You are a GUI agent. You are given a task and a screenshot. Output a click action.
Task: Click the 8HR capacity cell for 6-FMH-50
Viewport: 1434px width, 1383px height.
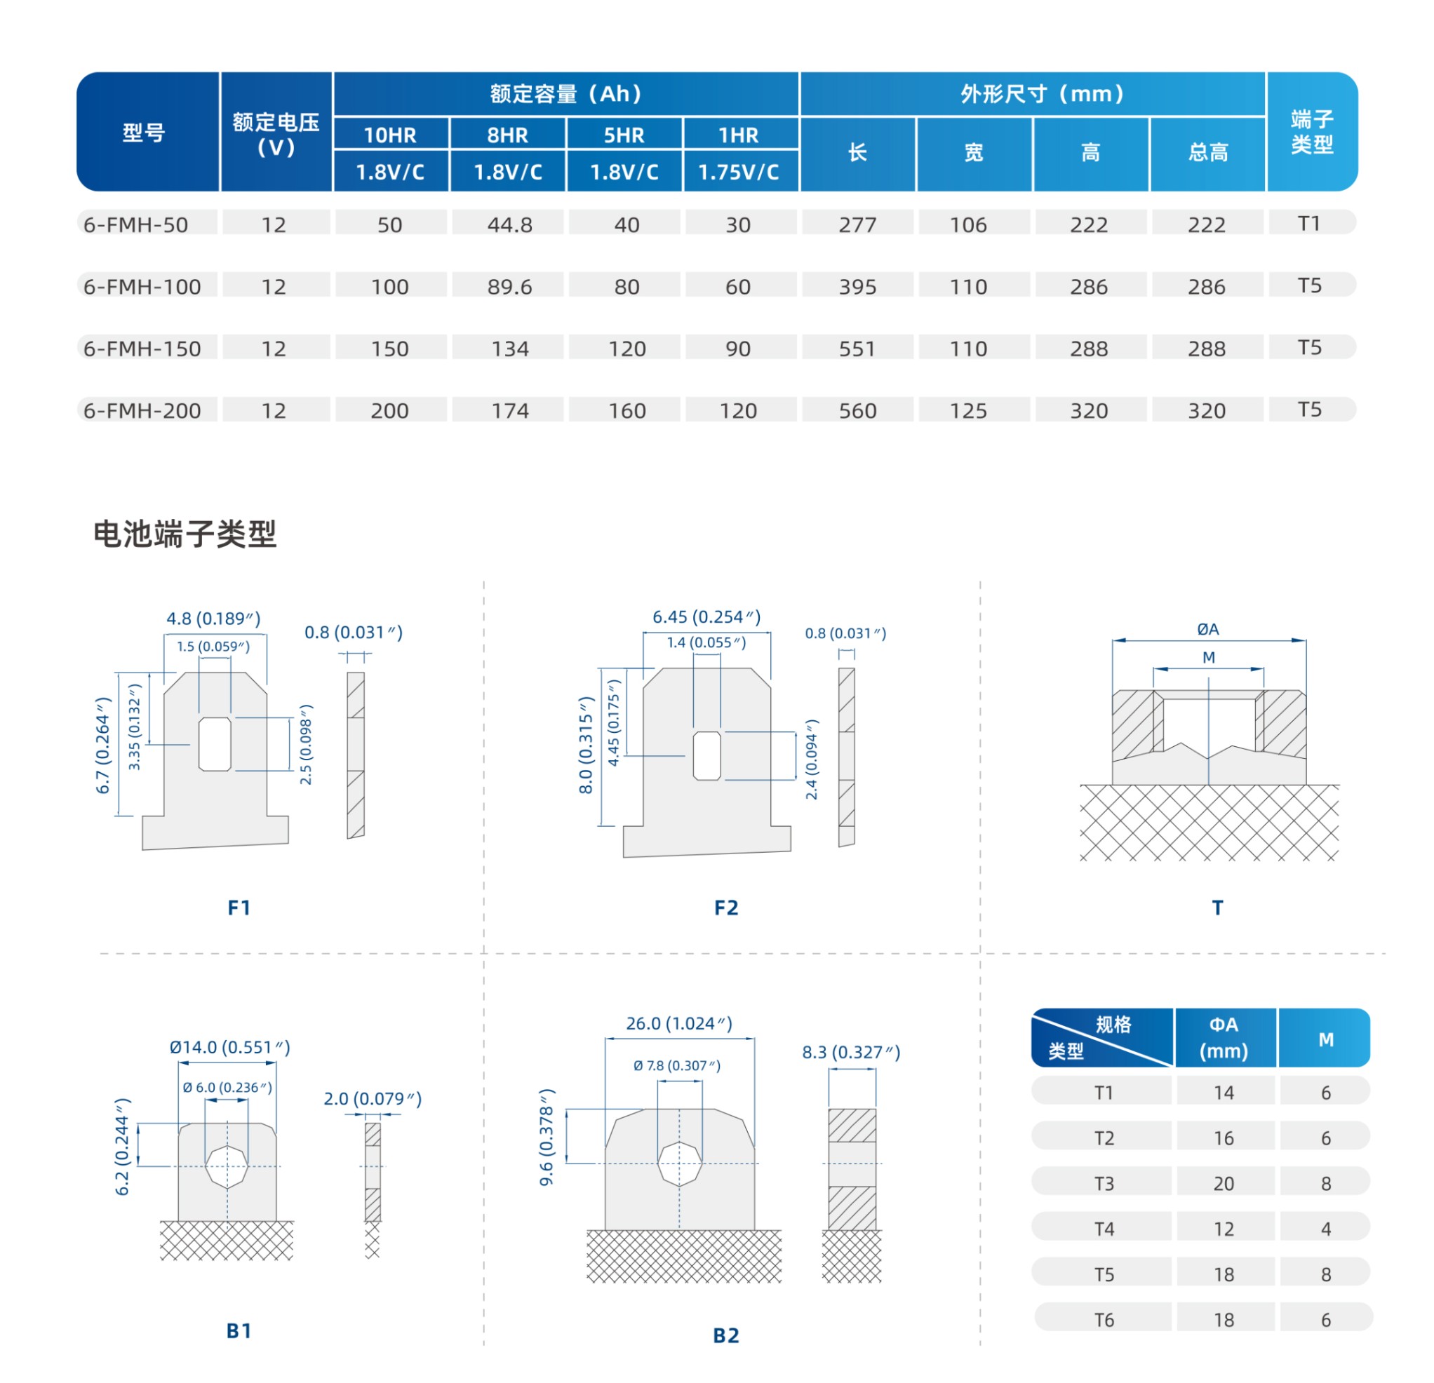(x=509, y=224)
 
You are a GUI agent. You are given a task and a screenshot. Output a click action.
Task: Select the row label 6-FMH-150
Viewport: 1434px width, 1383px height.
(x=142, y=349)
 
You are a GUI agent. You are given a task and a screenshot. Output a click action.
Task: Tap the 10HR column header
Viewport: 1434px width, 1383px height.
(x=390, y=135)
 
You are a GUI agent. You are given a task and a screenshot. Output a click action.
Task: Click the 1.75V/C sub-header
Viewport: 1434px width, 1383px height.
(x=738, y=172)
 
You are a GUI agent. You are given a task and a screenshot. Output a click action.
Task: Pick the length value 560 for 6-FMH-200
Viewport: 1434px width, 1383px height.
(x=857, y=411)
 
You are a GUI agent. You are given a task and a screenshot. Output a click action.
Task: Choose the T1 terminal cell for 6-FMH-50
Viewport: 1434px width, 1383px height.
(x=1309, y=223)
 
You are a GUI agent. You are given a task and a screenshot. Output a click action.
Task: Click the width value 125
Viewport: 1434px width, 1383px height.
(x=968, y=411)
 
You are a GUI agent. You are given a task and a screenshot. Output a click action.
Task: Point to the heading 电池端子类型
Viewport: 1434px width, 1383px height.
(x=185, y=534)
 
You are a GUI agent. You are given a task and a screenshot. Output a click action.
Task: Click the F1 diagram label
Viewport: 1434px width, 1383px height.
(x=239, y=908)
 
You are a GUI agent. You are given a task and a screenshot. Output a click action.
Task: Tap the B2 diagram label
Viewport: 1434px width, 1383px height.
(x=726, y=1335)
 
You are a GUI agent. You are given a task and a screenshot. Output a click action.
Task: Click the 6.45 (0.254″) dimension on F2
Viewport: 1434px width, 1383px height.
(x=706, y=616)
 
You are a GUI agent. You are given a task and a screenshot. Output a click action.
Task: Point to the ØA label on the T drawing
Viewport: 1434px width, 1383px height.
(x=1208, y=629)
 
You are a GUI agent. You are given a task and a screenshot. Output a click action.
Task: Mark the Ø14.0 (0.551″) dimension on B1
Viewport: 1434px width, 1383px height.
(x=229, y=1047)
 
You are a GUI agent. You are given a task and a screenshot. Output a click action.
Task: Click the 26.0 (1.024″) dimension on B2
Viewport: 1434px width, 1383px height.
(x=679, y=1023)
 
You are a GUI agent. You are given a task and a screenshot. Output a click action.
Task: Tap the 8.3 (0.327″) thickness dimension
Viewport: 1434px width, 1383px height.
(x=851, y=1053)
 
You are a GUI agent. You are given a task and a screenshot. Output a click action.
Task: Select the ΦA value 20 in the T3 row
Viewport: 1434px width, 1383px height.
(x=1224, y=1183)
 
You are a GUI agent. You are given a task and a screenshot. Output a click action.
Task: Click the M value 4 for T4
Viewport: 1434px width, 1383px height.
(x=1326, y=1229)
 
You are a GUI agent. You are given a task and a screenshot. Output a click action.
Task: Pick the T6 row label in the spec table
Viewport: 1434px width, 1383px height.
(x=1104, y=1320)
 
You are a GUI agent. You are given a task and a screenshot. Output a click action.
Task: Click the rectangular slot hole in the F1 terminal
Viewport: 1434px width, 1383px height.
(x=215, y=744)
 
